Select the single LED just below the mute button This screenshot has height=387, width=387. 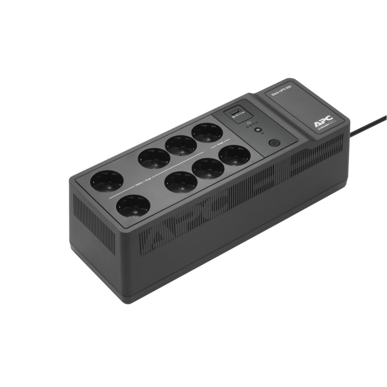pos(262,133)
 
